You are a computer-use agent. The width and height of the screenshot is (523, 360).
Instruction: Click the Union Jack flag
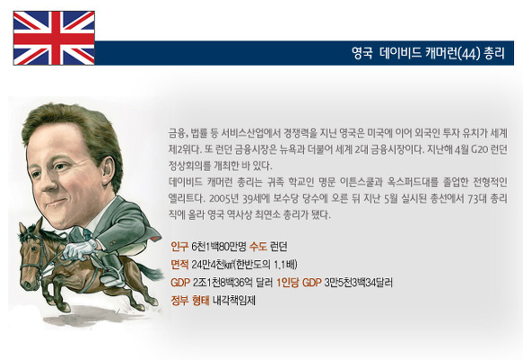pos(54,38)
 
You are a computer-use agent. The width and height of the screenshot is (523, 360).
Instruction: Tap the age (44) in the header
pos(469,53)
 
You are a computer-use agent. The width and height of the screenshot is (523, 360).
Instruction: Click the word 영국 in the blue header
pos(362,53)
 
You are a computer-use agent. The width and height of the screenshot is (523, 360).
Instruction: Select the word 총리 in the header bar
pos(494,53)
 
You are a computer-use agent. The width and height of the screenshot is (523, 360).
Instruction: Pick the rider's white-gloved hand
pos(78,250)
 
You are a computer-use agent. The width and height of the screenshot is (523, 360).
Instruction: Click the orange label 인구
pos(179,247)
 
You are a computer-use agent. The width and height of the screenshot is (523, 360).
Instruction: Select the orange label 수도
pos(258,247)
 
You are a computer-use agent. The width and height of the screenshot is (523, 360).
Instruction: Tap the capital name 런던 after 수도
pos(278,247)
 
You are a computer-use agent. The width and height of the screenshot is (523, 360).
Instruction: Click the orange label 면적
pos(179,265)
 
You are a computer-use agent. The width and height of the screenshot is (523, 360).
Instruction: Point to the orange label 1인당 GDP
pos(299,283)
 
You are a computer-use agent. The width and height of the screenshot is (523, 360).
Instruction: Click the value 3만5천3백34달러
pos(358,283)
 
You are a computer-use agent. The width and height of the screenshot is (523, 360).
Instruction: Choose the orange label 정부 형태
pos(190,301)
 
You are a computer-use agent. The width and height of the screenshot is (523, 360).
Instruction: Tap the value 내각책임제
pos(234,301)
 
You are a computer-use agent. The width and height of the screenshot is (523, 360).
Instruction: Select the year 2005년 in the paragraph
pos(223,198)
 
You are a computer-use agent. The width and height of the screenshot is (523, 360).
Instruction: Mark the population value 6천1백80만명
pos(219,247)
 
